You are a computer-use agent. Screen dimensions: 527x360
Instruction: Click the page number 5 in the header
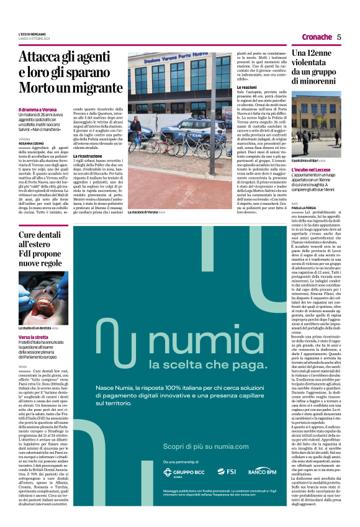click(x=339, y=37)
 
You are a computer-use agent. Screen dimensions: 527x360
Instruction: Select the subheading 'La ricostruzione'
click(x=89, y=138)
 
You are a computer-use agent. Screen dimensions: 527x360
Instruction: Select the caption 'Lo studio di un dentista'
click(x=37, y=327)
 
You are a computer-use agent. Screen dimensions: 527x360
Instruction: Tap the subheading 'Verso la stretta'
click(x=34, y=338)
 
